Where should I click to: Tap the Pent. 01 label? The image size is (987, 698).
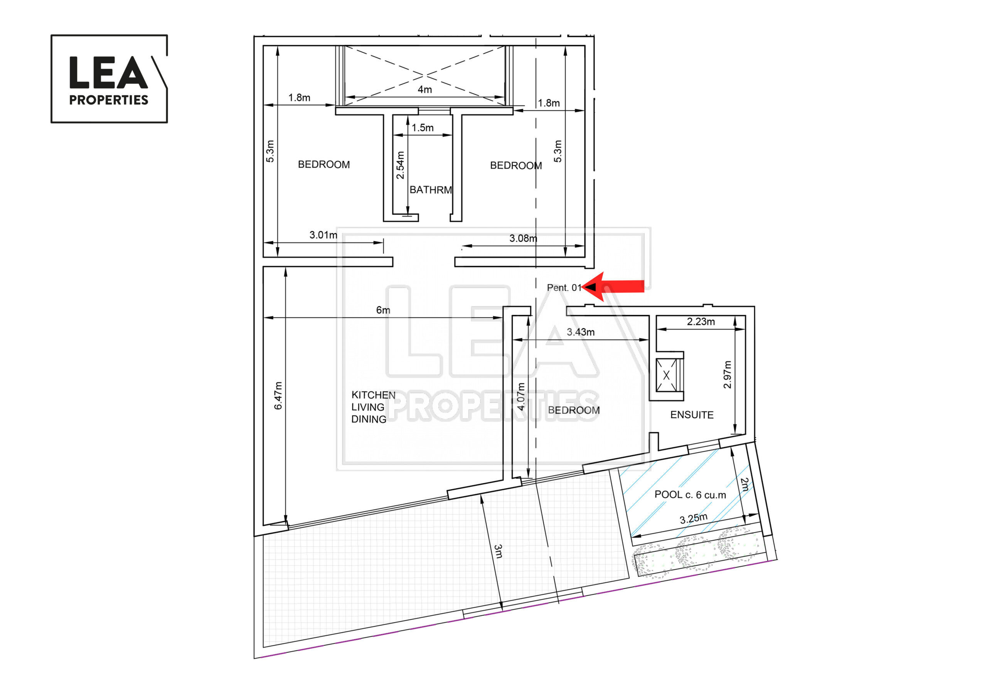pyautogui.click(x=564, y=288)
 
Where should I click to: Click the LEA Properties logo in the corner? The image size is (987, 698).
pyautogui.click(x=109, y=79)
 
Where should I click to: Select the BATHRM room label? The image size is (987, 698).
pyautogui.click(x=431, y=190)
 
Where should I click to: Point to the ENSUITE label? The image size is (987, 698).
pyautogui.click(x=692, y=415)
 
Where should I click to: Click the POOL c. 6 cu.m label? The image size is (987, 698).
pyautogui.click(x=690, y=495)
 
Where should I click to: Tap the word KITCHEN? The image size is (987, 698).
pyautogui.click(x=373, y=395)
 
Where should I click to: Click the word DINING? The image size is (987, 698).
pyautogui.click(x=369, y=419)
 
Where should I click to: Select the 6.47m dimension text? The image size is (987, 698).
pyautogui.click(x=278, y=395)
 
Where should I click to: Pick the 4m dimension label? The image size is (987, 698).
pyautogui.click(x=425, y=89)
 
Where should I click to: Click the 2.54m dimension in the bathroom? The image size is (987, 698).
pyautogui.click(x=400, y=165)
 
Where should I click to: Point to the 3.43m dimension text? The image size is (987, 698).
pyautogui.click(x=580, y=332)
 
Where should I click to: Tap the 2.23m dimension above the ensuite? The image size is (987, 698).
pyautogui.click(x=701, y=322)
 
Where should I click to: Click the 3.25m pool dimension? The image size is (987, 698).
pyautogui.click(x=693, y=519)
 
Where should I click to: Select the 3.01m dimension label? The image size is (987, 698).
pyautogui.click(x=323, y=235)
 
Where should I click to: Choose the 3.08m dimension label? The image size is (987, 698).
pyautogui.click(x=523, y=238)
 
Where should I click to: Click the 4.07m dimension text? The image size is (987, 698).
pyautogui.click(x=520, y=396)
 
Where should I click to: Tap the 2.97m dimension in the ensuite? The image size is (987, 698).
pyautogui.click(x=727, y=374)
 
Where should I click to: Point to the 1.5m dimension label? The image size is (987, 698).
pyautogui.click(x=423, y=128)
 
